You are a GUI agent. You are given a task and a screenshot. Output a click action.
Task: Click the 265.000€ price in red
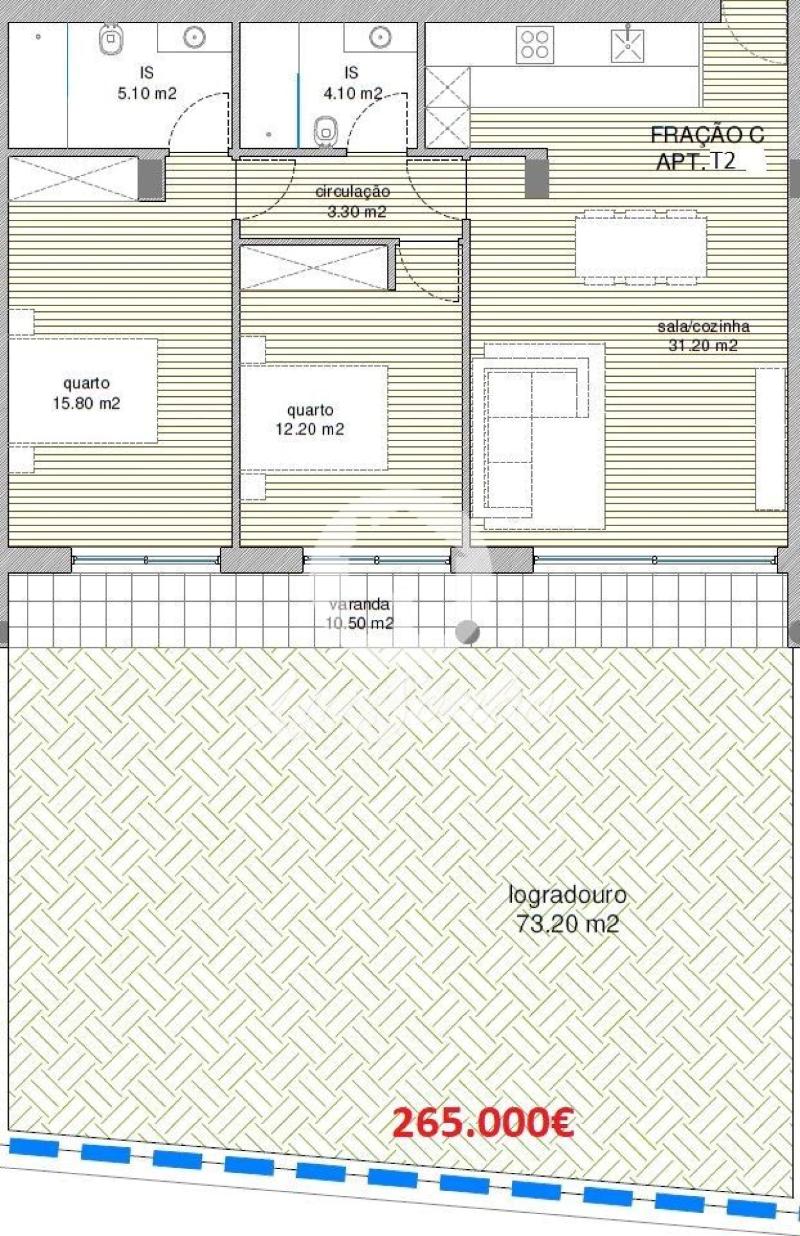point(482,1123)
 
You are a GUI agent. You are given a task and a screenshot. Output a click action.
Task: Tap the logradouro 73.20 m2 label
point(567,909)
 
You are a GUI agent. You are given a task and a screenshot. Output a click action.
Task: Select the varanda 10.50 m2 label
point(359,614)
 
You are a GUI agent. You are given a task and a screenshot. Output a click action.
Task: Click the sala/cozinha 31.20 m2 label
point(703,336)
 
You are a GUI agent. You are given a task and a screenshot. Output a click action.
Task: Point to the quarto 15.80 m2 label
point(86,393)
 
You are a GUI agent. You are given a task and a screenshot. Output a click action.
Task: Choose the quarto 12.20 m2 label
point(310,419)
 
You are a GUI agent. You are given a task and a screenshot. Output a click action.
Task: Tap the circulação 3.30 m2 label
point(354,201)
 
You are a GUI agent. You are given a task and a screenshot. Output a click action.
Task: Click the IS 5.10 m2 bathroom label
point(147,84)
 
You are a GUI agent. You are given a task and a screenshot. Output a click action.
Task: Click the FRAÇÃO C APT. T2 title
point(706,147)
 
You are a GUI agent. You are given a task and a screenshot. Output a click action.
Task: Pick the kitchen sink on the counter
point(627,44)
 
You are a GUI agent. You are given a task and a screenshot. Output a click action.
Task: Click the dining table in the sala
point(641,247)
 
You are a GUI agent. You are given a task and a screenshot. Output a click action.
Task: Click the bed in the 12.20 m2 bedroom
point(314,417)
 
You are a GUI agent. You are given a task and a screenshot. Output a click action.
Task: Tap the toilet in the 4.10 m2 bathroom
point(325,129)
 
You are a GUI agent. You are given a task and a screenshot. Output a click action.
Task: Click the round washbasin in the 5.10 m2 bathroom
point(194,37)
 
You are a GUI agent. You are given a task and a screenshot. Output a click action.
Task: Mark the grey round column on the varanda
point(467,632)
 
